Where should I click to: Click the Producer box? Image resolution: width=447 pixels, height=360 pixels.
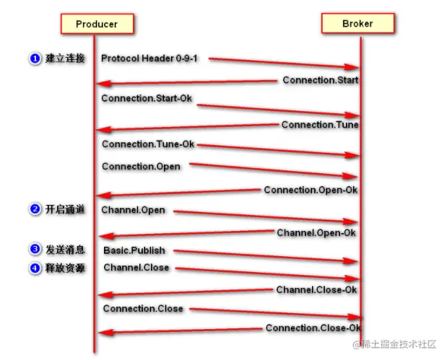point(96,25)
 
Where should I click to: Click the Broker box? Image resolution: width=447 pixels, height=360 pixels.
point(357,24)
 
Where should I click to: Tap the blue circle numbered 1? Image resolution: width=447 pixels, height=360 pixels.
point(35,58)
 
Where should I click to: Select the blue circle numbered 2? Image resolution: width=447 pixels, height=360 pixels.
point(35,210)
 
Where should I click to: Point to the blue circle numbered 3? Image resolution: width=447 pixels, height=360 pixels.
point(35,250)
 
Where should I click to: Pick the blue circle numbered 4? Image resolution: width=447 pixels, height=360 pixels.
point(35,268)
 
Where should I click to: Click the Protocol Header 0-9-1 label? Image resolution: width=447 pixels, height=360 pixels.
point(149,58)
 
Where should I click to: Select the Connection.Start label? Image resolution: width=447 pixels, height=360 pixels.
point(320,80)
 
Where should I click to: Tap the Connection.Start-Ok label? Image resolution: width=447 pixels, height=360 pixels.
point(147,97)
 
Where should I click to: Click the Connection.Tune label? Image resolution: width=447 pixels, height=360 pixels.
point(320,125)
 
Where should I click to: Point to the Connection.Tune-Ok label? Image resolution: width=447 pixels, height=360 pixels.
point(148,144)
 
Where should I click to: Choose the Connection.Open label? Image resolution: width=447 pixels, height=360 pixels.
point(141,167)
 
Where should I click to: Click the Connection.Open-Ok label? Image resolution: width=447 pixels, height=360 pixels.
point(311,190)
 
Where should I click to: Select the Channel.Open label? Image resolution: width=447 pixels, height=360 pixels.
point(134,210)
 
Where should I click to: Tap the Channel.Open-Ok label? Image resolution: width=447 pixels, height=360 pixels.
point(316,233)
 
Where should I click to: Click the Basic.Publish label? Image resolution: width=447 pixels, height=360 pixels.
point(134,250)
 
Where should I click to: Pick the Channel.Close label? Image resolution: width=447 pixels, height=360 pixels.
point(136,268)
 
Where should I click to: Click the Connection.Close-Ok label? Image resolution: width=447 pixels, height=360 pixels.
point(313,328)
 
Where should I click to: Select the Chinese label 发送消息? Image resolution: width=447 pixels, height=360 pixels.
point(66,250)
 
